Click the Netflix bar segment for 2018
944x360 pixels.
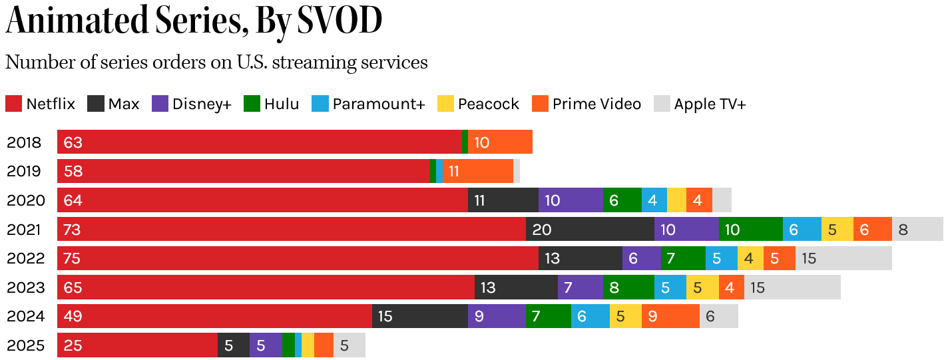pyautogui.click(x=260, y=142)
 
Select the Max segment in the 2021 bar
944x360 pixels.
pyautogui.click(x=590, y=230)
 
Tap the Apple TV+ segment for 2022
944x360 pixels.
pyautogui.click(x=843, y=258)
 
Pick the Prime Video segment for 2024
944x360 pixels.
pyautogui.click(x=670, y=316)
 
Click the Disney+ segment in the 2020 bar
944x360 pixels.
pyautogui.click(x=571, y=200)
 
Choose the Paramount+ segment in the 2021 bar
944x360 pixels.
pyautogui.click(x=802, y=230)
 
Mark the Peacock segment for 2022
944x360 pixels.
pyautogui.click(x=750, y=258)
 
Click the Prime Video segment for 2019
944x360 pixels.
pyautogui.click(x=478, y=171)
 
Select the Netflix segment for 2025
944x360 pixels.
pyautogui.click(x=137, y=345)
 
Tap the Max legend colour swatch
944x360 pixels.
pyautogui.click(x=97, y=104)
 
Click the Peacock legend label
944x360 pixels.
pyautogui.click(x=489, y=104)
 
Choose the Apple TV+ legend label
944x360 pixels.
pyautogui.click(x=710, y=104)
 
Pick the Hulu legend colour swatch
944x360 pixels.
pyautogui.click(x=252, y=104)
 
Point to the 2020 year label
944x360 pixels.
pyautogui.click(x=26, y=200)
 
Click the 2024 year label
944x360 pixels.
pyautogui.click(x=26, y=316)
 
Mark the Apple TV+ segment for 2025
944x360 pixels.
pyautogui.click(x=350, y=345)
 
